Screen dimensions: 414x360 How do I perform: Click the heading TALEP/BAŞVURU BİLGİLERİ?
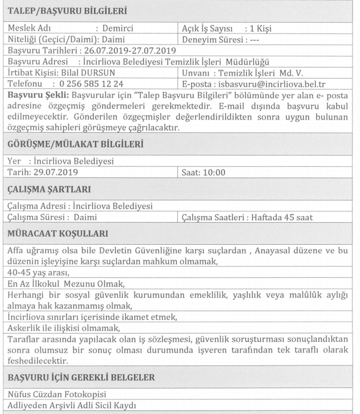point(67,10)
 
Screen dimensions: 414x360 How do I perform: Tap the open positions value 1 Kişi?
point(258,28)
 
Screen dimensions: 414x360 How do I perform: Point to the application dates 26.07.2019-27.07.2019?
point(113,51)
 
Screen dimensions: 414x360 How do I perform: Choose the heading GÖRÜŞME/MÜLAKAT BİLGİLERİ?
point(76,144)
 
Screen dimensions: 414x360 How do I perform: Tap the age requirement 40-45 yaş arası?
point(38,273)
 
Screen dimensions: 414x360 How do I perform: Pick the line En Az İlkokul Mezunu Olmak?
point(66,284)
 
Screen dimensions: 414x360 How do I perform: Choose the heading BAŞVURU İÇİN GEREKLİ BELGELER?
point(81,378)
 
